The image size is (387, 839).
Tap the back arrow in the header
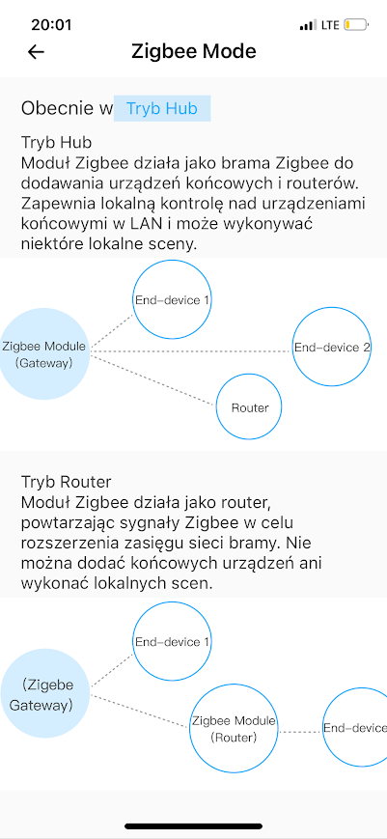click(x=36, y=52)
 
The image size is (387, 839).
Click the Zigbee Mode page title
click(x=193, y=51)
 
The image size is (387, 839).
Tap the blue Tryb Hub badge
click(x=162, y=109)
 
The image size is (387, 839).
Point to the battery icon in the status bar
click(x=356, y=25)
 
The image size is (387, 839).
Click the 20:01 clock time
click(x=51, y=25)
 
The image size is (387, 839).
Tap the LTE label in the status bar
click(x=330, y=25)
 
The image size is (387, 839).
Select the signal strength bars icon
click(x=308, y=25)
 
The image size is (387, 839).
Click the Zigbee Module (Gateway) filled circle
click(x=43, y=353)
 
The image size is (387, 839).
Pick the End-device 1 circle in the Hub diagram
click(x=172, y=299)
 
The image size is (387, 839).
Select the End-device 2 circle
click(x=331, y=347)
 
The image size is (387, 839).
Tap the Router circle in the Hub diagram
click(x=249, y=407)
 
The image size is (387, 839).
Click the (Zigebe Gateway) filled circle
click(x=45, y=694)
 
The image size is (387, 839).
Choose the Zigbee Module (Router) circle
click(x=234, y=729)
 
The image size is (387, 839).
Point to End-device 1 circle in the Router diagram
click(x=172, y=641)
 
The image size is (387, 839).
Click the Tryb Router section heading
click(x=67, y=482)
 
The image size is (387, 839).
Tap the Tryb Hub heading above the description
click(x=57, y=142)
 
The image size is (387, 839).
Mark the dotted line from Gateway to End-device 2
click(x=191, y=351)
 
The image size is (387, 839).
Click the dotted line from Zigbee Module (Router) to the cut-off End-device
click(x=300, y=731)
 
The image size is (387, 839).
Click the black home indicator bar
click(x=193, y=826)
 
